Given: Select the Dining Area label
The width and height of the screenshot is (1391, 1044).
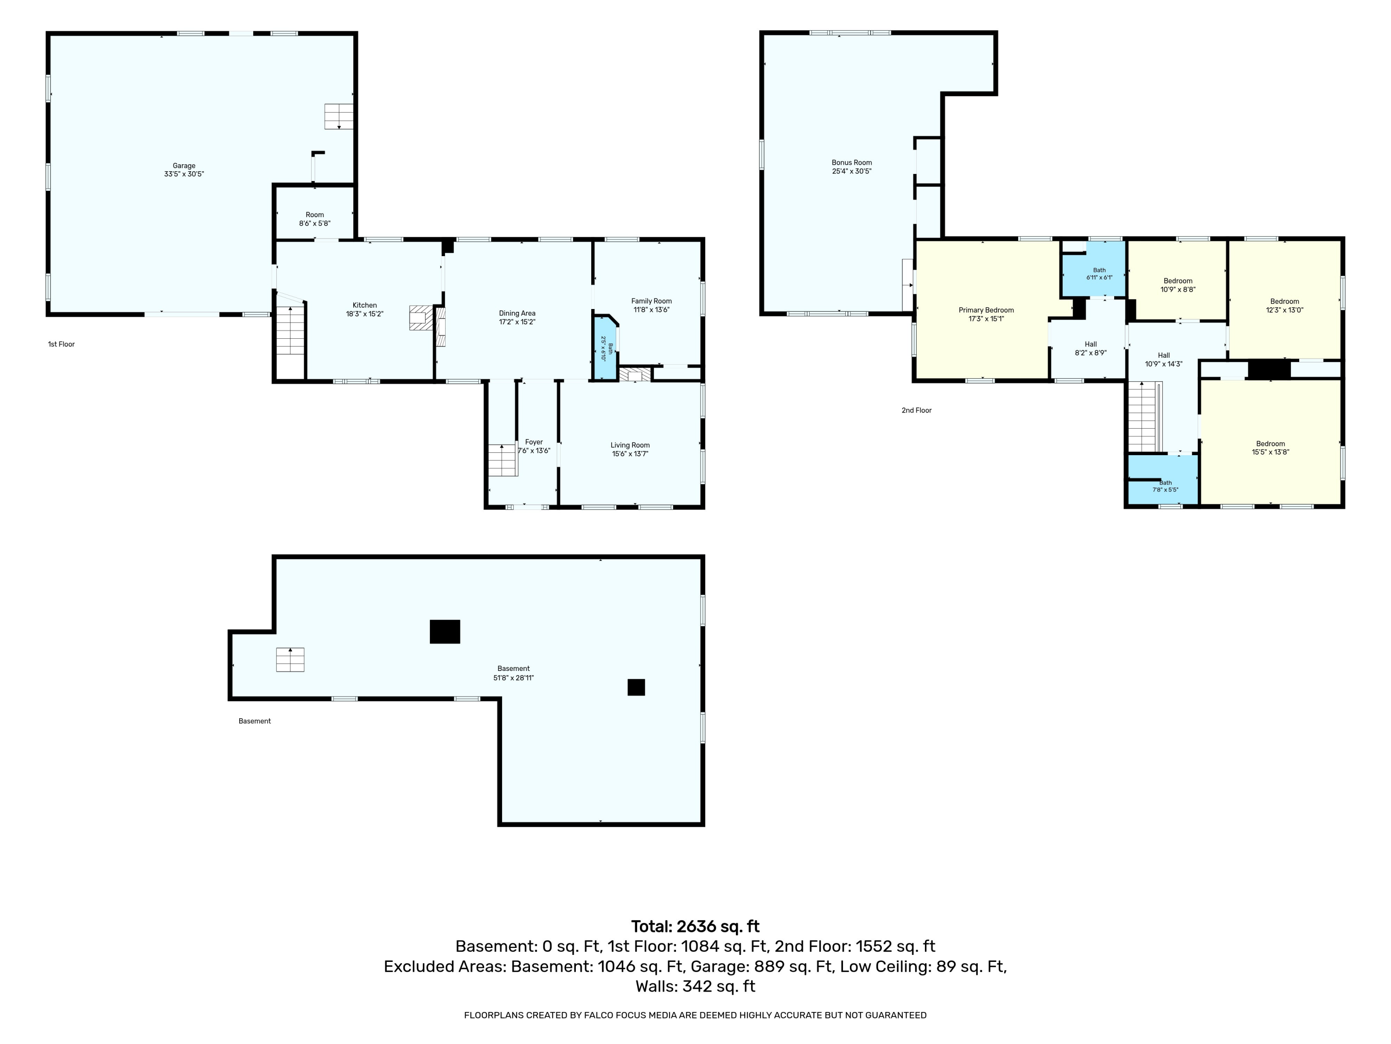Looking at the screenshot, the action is [517, 313].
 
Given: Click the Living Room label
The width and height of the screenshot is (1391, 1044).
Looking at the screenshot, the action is [630, 445].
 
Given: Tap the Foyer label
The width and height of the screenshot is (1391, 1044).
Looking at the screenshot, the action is [534, 442].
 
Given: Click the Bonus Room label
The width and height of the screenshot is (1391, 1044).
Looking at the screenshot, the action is [852, 162].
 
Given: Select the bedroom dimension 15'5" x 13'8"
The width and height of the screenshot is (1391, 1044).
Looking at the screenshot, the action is [1270, 452].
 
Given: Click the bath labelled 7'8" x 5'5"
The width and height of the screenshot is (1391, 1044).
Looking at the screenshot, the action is [1163, 479].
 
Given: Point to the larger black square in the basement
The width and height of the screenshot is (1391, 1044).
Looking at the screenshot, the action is [445, 632].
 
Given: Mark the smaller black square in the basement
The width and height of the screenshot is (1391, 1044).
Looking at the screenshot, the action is [637, 687].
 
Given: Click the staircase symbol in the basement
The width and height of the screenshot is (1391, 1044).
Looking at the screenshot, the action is [290, 659].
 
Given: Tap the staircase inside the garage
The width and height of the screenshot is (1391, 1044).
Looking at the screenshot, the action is [338, 116].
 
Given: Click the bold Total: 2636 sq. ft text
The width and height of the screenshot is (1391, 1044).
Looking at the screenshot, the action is [695, 926].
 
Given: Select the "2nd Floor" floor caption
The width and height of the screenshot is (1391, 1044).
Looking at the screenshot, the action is [916, 410].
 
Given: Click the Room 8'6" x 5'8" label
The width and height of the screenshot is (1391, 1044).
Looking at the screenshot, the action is [315, 219].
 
